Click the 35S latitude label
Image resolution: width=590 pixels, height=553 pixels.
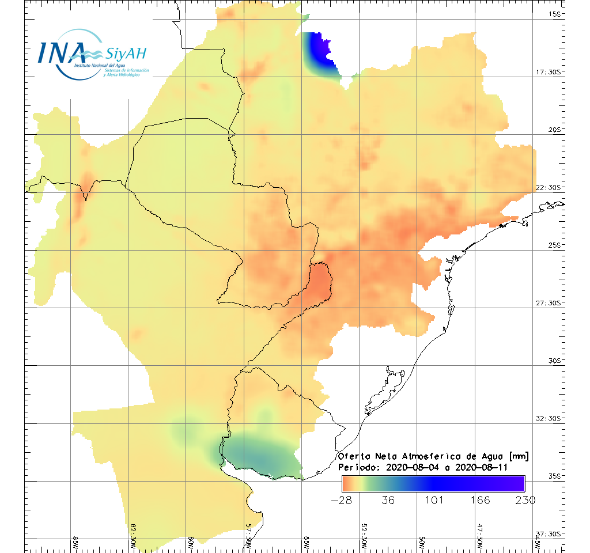pyautogui.click(x=555, y=476)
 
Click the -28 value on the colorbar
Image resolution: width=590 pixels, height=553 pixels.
pyautogui.click(x=342, y=500)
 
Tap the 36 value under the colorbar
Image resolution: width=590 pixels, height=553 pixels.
pyautogui.click(x=388, y=500)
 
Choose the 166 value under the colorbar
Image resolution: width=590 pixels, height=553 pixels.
pyautogui.click(x=479, y=500)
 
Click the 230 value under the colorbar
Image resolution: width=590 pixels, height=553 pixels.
pyautogui.click(x=524, y=500)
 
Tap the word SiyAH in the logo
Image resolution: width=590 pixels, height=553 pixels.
pyautogui.click(x=126, y=54)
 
